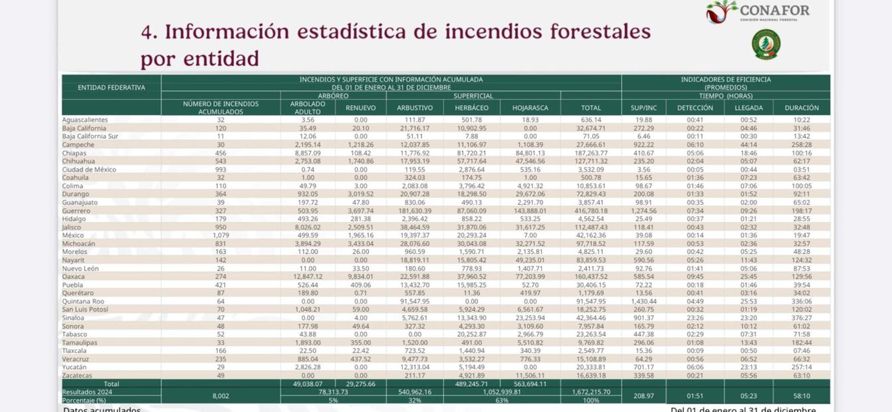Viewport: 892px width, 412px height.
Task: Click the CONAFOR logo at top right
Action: [758, 11]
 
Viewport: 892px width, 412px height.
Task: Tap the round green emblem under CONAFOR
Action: [766, 45]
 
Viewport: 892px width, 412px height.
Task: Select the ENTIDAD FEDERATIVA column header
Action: [111, 88]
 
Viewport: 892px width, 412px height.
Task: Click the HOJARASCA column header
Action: [530, 108]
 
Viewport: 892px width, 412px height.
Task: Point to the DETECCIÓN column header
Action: [695, 108]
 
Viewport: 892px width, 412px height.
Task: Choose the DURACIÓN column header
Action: [801, 108]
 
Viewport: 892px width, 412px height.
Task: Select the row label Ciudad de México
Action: [89, 169]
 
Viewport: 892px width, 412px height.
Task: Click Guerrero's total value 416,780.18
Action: [590, 211]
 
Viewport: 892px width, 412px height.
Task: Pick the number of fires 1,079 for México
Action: [220, 235]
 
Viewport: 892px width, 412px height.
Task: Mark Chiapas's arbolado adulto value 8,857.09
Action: [307, 153]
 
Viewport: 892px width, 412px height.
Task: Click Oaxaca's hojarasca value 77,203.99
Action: [530, 276]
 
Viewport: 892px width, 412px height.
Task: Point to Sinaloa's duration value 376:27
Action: [801, 318]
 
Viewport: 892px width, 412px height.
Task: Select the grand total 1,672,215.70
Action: [590, 392]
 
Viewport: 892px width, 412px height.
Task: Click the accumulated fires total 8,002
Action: [220, 396]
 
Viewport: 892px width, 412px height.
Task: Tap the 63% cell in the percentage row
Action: [501, 400]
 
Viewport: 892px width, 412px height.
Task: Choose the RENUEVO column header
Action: [360, 108]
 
